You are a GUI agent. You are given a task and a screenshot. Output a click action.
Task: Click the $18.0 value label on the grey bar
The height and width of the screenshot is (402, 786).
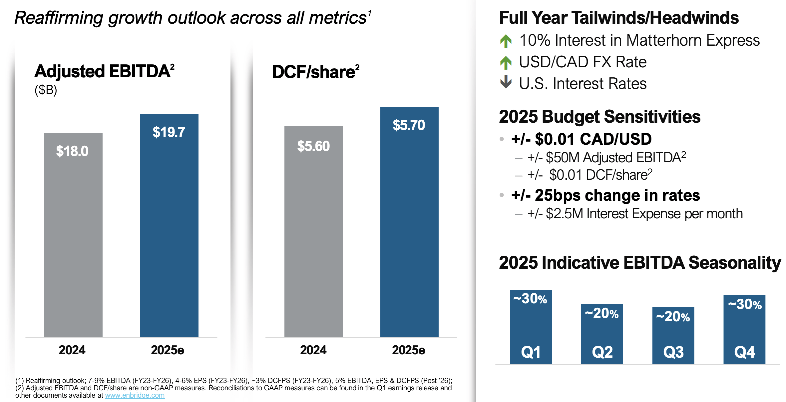72,151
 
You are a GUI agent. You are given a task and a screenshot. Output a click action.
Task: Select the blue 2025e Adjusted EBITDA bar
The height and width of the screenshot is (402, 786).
169,233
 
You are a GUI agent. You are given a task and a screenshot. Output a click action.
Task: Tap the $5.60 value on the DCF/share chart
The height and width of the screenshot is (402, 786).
313,146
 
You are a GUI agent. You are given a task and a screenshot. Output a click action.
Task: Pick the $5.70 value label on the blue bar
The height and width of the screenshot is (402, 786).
409,125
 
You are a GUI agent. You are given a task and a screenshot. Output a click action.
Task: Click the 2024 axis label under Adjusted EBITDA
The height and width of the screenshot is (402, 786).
72,350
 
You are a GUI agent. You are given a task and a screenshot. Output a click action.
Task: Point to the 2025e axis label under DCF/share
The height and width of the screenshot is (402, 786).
409,350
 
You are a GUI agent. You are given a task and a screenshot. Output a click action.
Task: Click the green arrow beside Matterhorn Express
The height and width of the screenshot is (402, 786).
506,41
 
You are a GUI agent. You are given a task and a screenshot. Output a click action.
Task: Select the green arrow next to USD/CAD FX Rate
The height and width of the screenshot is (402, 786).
506,63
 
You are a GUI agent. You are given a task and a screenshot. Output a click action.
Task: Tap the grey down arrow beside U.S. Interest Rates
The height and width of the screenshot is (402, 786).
506,82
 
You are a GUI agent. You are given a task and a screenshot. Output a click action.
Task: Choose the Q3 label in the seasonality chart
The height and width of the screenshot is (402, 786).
673,352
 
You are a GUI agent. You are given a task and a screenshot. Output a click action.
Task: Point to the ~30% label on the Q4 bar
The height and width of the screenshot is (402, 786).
745,304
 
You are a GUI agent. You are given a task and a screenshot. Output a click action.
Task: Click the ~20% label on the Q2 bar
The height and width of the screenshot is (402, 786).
602,313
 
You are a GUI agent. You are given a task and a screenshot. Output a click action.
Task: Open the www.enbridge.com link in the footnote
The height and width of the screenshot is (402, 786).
135,395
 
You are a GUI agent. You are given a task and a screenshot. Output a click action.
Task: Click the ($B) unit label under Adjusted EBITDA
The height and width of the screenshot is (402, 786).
46,90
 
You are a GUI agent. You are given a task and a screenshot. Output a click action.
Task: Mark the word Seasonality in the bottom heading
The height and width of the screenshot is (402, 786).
734,263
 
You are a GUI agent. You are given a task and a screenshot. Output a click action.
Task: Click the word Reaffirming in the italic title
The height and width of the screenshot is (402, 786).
59,18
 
